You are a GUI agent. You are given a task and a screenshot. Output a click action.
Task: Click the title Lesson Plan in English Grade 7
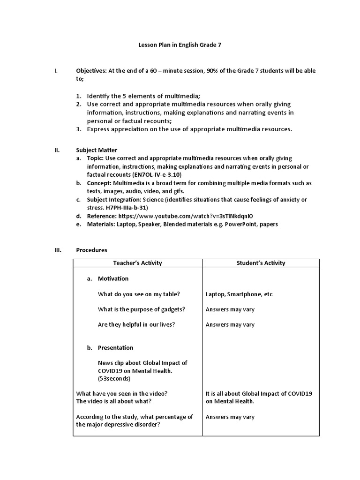[x=180, y=45]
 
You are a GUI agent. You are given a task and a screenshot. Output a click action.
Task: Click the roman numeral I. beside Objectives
[x=56, y=71]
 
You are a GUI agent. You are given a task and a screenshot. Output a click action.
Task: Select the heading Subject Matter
[x=97, y=150]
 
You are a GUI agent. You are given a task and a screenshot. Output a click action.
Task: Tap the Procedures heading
[x=92, y=250]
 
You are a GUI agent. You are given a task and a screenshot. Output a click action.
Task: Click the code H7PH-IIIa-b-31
[x=126, y=208]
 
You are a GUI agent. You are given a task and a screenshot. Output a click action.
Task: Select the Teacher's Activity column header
[x=138, y=263]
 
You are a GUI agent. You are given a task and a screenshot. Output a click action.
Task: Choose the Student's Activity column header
[x=261, y=263]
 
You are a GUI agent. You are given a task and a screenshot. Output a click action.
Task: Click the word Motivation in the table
[x=113, y=278]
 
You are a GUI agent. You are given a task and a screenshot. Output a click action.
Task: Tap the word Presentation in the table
[x=115, y=348]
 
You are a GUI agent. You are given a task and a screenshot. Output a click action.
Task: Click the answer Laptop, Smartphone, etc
[x=239, y=294]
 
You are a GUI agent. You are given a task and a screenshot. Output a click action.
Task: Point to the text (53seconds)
[x=114, y=378]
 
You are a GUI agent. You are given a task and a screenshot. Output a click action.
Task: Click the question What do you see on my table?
[x=139, y=294]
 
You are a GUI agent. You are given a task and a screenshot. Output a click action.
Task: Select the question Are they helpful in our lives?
[x=136, y=324]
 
